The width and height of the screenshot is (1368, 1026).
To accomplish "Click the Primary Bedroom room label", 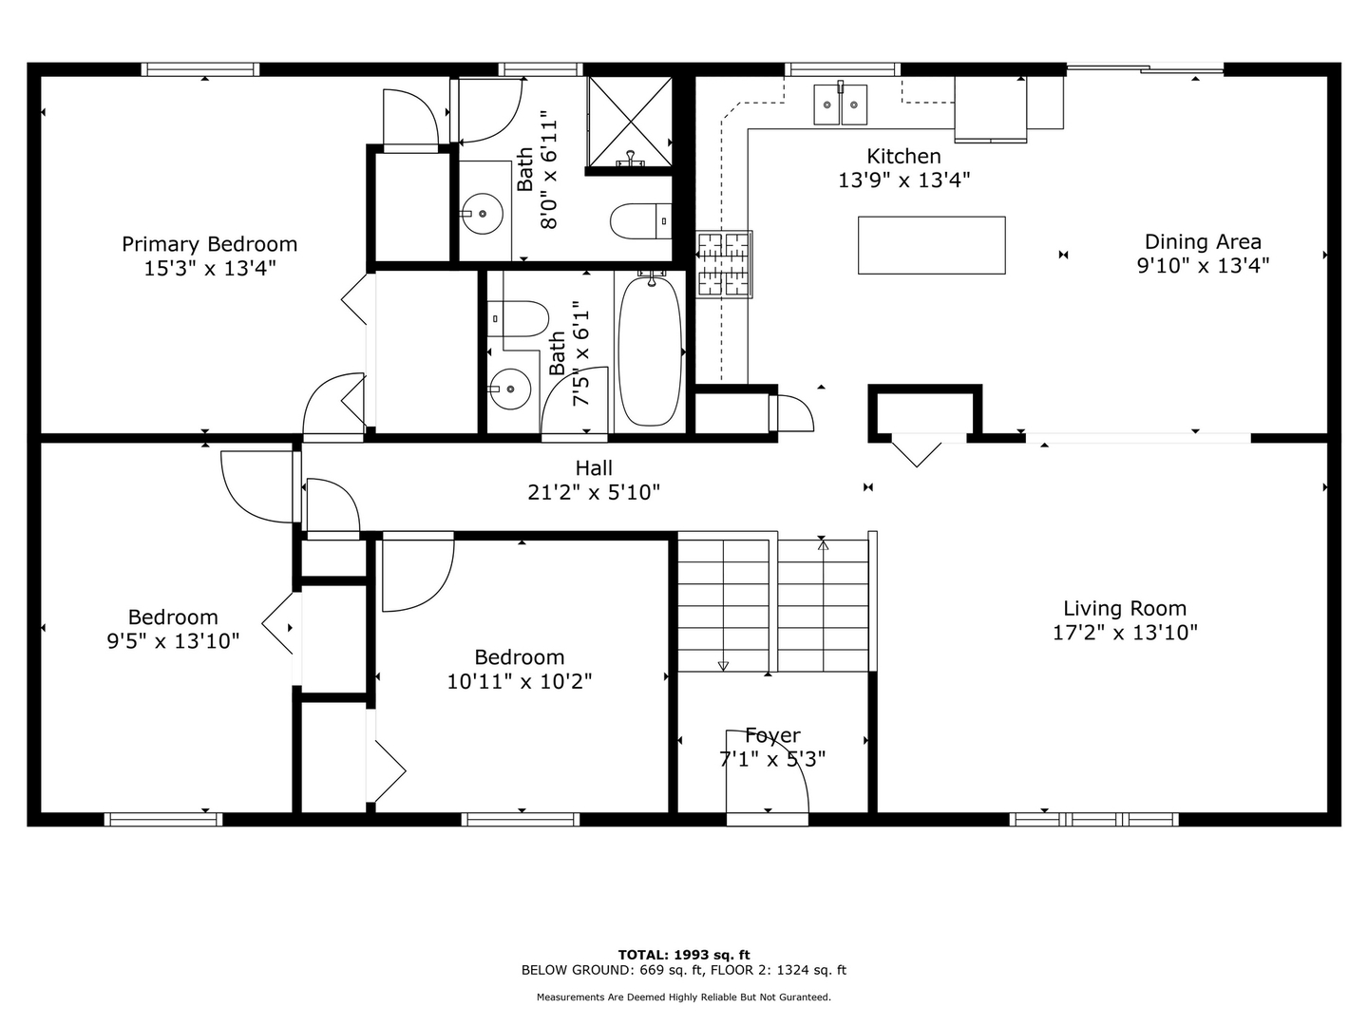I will point(209,244).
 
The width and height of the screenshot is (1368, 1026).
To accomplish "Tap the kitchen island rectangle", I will point(931,245).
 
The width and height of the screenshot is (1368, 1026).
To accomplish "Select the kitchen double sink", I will point(841,104).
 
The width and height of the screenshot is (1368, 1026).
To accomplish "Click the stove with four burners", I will point(724,264).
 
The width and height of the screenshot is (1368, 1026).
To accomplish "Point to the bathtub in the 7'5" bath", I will point(651,351).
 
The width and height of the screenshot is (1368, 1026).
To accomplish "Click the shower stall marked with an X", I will point(630,121).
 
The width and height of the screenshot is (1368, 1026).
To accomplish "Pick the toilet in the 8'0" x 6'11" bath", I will point(639,221).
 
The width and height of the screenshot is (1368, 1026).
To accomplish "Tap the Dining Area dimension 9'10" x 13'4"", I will point(1203,266).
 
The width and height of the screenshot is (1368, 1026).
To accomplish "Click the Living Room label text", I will point(1125,608).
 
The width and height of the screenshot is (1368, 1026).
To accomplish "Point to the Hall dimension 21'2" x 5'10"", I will point(594,492).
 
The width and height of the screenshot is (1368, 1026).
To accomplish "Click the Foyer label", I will point(772,735).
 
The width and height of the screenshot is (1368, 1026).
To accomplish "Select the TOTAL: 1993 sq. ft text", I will point(684,955).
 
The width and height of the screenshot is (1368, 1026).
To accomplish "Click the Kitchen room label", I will point(903,156).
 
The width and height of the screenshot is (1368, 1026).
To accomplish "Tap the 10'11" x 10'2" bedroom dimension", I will point(520,681).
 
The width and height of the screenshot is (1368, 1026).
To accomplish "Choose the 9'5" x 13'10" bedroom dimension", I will point(173,641).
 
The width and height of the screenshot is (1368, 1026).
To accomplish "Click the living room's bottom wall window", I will point(1093,819).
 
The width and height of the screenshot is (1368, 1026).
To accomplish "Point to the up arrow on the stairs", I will point(823,545).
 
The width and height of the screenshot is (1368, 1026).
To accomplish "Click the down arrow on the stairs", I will point(723,665).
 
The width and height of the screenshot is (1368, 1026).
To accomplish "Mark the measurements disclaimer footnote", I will point(684,997).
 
